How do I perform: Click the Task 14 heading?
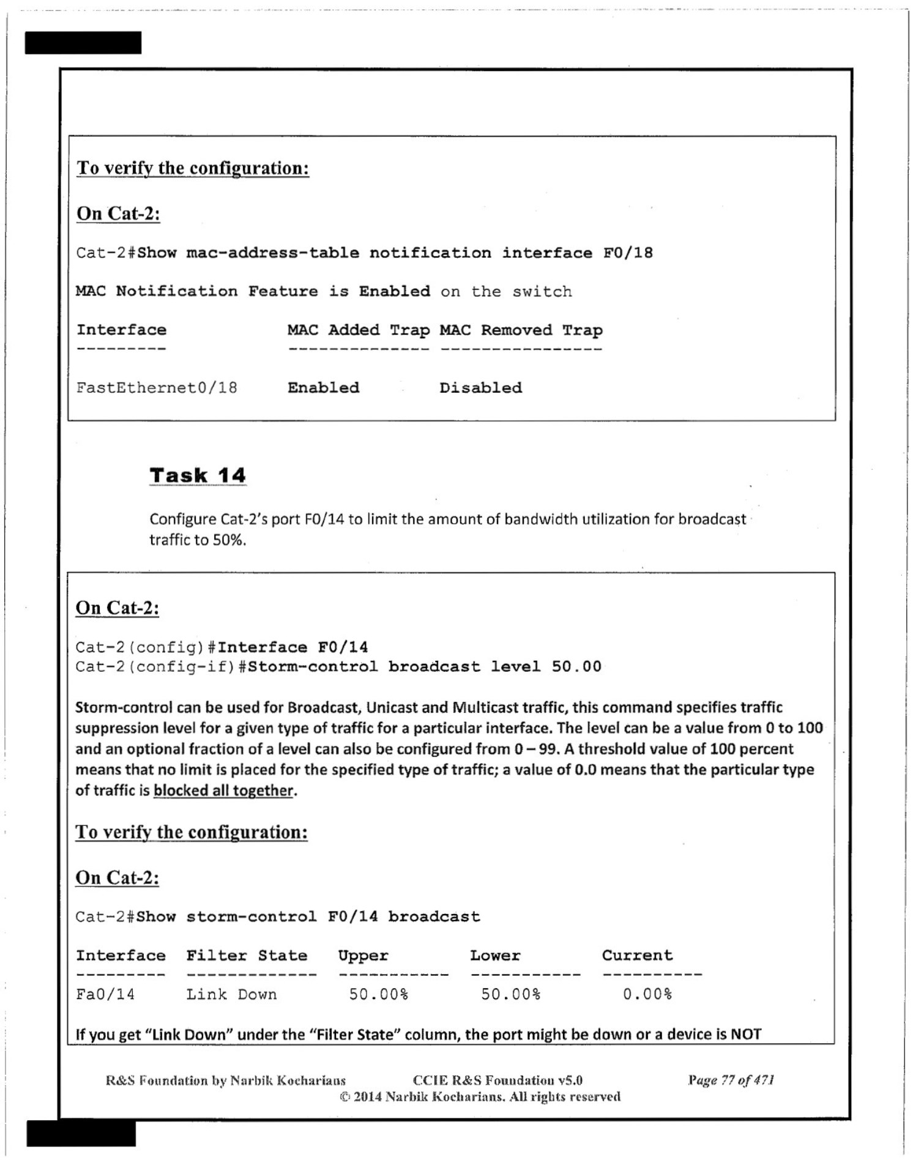pos(198,475)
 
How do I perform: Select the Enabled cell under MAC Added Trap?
pos(323,388)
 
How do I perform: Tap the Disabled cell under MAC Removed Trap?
pos(480,388)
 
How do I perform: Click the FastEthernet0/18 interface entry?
pos(157,388)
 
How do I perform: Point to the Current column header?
pos(637,956)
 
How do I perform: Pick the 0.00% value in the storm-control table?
pos(647,994)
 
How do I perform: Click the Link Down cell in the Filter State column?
pos(231,994)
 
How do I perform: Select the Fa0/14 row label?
pos(105,994)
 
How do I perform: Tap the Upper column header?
pos(363,956)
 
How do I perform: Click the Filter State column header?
pos(247,956)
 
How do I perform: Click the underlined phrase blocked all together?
pos(223,790)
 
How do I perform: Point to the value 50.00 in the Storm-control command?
pos(576,666)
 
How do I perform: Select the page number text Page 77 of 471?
pos(731,1080)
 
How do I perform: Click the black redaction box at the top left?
pos(83,43)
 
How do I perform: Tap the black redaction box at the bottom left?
pos(81,1133)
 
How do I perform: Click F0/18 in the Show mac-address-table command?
pos(628,253)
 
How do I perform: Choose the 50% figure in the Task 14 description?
pos(229,540)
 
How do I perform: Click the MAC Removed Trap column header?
pos(521,330)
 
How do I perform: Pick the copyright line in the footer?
pos(480,1096)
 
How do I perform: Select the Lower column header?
pos(495,956)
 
